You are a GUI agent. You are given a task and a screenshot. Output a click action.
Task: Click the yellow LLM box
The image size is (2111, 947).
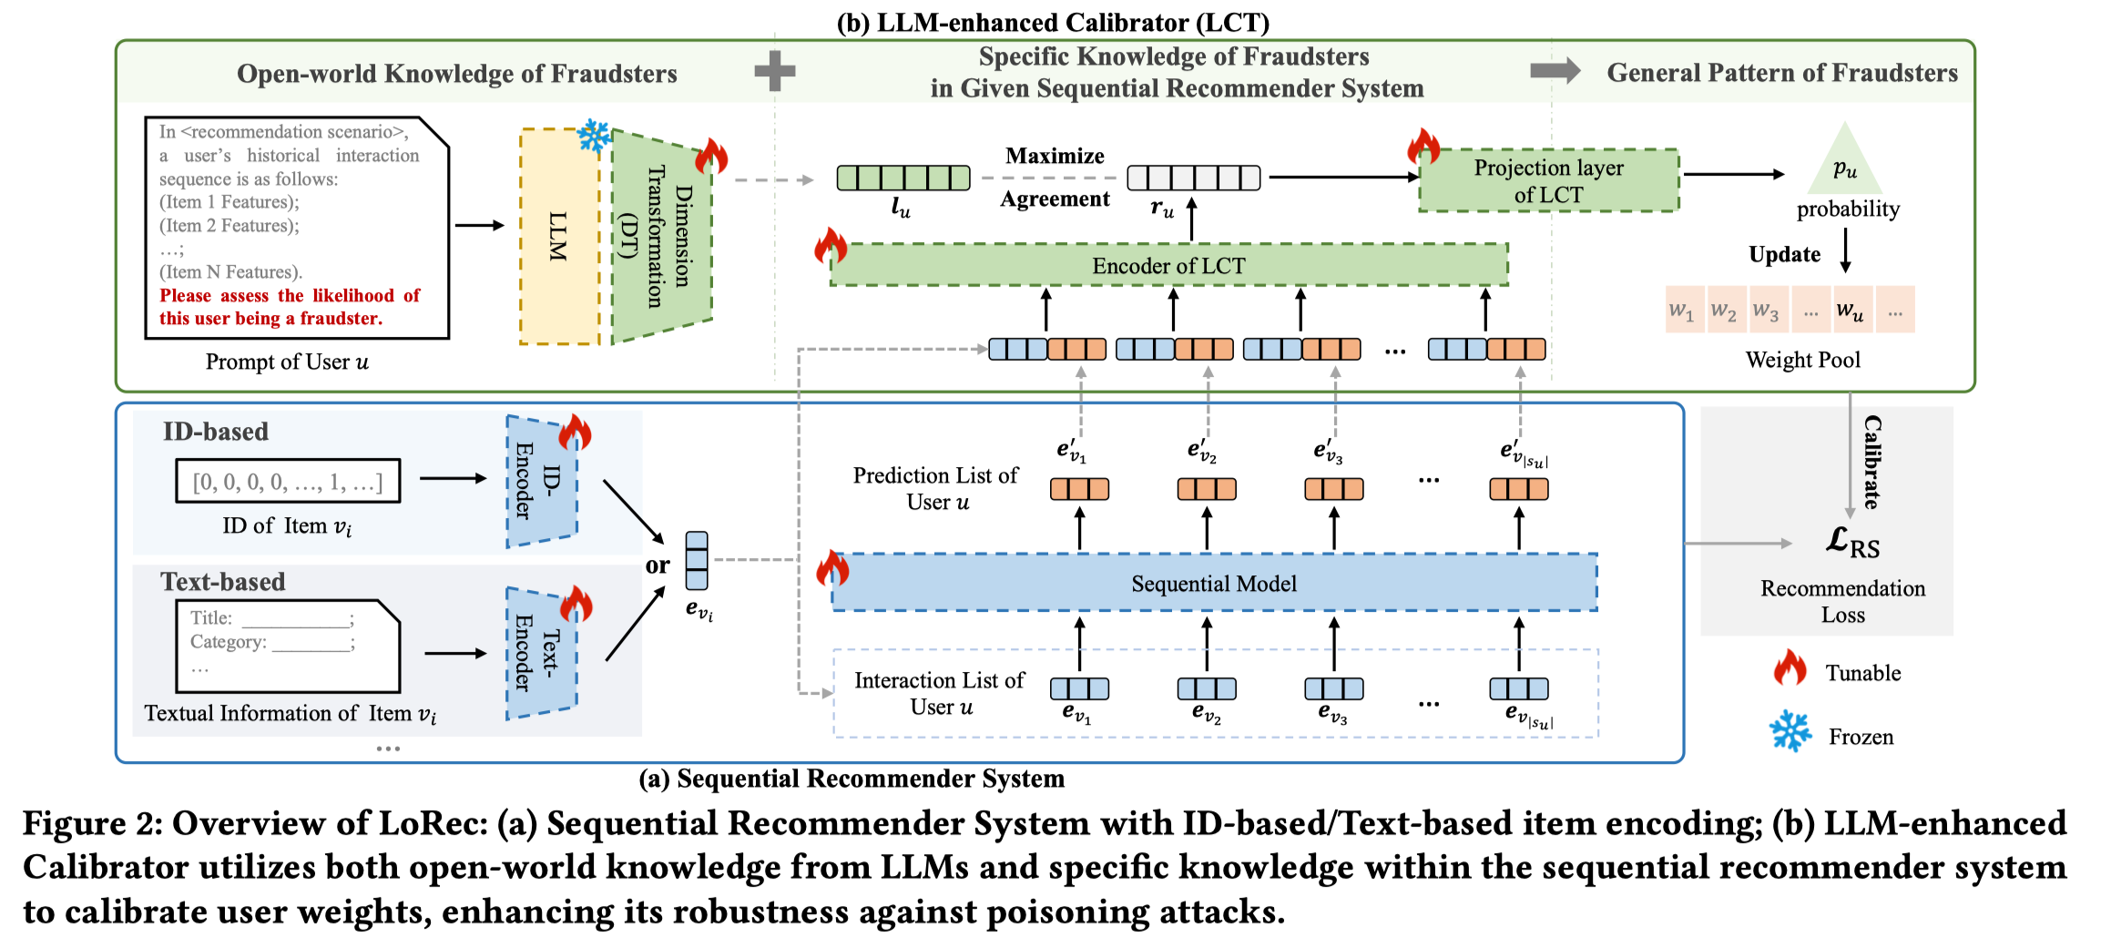click(x=559, y=237)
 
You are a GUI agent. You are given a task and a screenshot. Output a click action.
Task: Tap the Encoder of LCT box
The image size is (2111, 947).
click(x=1168, y=265)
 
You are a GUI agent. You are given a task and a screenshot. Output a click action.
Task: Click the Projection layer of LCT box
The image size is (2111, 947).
click(x=1548, y=181)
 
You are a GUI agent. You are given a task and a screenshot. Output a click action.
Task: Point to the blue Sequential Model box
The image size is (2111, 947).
click(x=1213, y=583)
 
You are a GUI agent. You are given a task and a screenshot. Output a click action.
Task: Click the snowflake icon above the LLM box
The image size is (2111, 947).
click(x=595, y=136)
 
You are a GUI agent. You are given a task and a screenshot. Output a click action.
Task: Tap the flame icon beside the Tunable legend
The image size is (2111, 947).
click(x=1790, y=669)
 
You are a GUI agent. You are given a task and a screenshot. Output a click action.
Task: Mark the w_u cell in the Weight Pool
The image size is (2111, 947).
click(x=1849, y=311)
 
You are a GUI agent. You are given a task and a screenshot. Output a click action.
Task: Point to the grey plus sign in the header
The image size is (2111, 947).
click(x=775, y=71)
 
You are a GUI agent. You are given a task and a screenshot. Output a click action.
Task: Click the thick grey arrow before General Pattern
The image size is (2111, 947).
click(x=1555, y=71)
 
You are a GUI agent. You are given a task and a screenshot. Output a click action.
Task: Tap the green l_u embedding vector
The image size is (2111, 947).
click(x=903, y=178)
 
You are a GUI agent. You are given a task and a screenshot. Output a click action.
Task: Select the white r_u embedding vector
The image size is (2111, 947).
click(x=1193, y=178)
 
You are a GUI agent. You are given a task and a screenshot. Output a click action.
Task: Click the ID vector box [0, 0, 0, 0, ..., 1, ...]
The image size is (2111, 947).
click(x=288, y=481)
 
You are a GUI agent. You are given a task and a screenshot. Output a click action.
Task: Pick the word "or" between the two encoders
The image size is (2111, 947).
click(x=658, y=565)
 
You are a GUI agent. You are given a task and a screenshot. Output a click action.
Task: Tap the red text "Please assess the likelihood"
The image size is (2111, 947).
click(x=290, y=296)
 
